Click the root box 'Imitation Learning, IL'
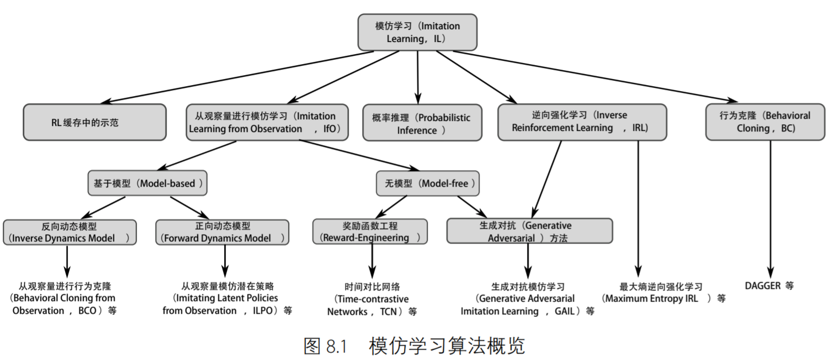coord(417,33)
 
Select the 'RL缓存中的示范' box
coord(94,122)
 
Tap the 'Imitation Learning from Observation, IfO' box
coord(267,122)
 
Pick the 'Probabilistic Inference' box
coord(422,123)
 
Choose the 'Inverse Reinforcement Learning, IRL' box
coord(582,122)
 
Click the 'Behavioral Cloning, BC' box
coord(765,122)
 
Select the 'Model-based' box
coord(147,183)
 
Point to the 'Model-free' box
coord(428,183)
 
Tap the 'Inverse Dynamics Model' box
coord(70,232)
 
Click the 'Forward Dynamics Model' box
coord(222,232)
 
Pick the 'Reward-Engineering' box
coord(370,231)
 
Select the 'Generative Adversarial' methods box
coord(529,231)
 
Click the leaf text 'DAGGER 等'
coord(769,286)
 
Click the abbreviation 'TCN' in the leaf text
coord(389,311)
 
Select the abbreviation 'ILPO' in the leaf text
coord(263,310)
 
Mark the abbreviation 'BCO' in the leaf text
coord(88,310)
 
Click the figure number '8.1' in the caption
coord(336,346)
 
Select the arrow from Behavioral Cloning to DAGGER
coord(771,209)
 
